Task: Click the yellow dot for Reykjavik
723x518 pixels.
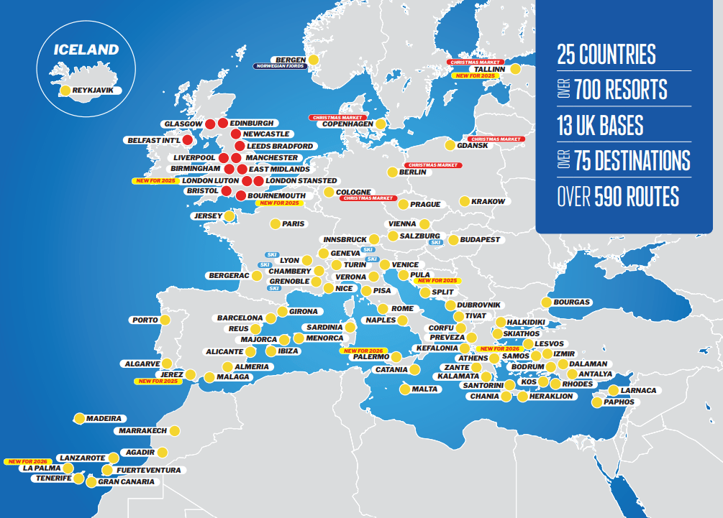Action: [x=65, y=91]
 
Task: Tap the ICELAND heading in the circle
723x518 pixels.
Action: [x=86, y=50]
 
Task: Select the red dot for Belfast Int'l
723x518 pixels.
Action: [x=187, y=140]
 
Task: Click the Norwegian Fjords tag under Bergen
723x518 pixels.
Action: [x=279, y=66]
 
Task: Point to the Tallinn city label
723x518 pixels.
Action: [x=490, y=69]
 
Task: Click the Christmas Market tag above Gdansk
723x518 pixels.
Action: [x=495, y=139]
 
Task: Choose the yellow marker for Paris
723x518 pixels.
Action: [x=275, y=224]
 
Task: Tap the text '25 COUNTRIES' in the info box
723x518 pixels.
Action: [x=606, y=55]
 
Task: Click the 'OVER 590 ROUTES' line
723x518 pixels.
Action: [x=617, y=196]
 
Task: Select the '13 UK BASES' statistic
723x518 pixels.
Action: [x=600, y=126]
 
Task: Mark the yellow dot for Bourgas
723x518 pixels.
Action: [x=547, y=302]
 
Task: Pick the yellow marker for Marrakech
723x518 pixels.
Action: [x=174, y=431]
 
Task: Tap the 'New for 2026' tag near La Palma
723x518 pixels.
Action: [x=26, y=461]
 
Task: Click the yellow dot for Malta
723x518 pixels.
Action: [x=404, y=389]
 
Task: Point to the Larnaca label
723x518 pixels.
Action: [x=638, y=390]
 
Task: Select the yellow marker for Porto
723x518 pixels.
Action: [x=165, y=320]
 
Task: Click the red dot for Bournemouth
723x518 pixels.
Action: [x=240, y=195]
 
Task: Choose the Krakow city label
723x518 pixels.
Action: [x=488, y=202]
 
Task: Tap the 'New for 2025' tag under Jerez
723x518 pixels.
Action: [x=157, y=381]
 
